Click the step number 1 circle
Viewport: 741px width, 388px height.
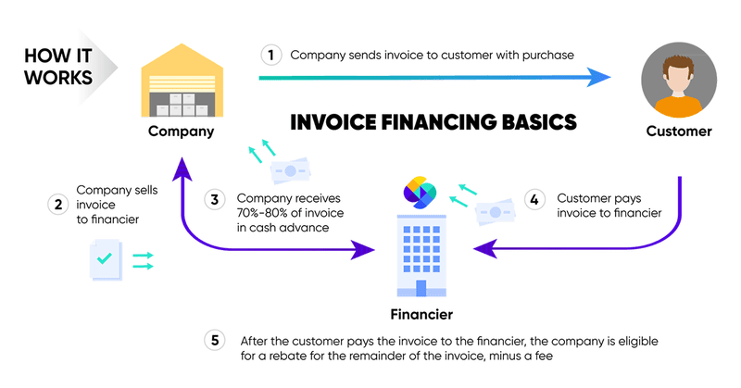[270, 55]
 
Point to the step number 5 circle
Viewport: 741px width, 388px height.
[215, 340]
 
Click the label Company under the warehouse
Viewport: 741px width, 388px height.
[182, 131]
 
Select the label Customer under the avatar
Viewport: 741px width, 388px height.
[678, 131]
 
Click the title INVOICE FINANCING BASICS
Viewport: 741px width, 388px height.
[433, 122]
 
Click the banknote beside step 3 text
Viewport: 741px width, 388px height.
[289, 171]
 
